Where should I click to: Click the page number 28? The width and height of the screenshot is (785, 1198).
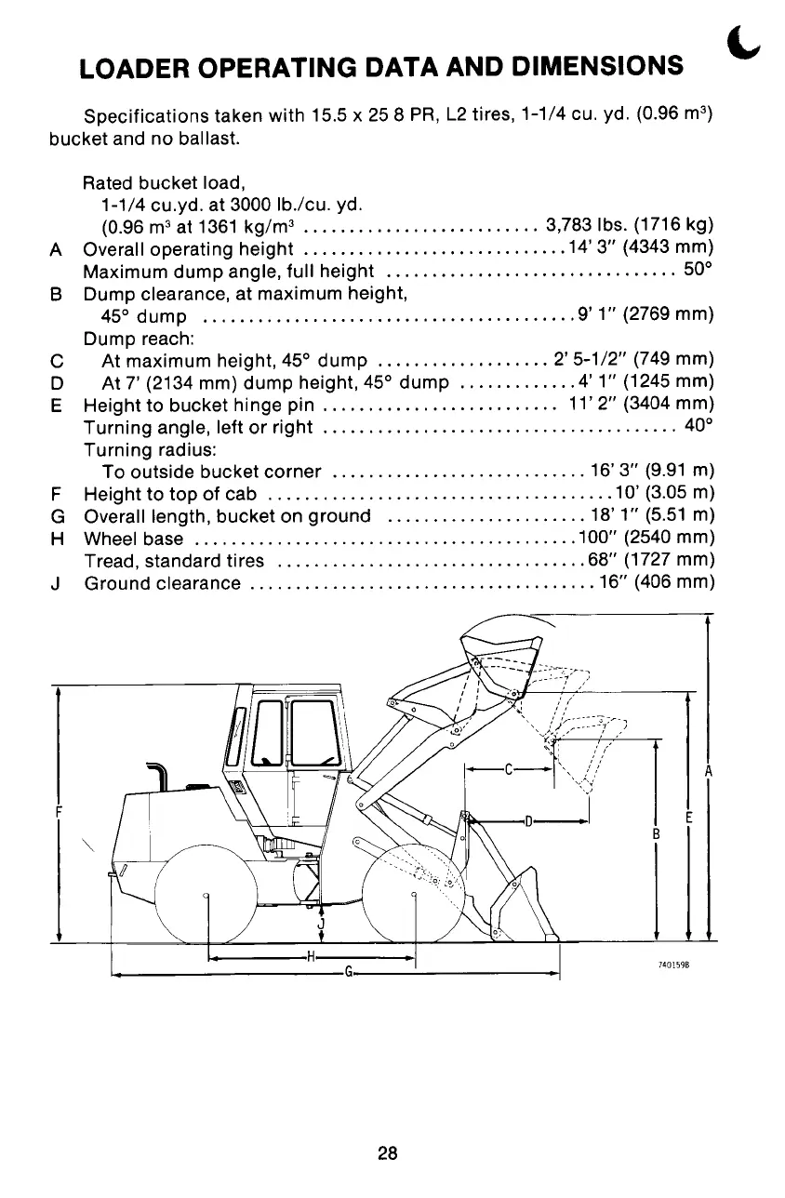388,1153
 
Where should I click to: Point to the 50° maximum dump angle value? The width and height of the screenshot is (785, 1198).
699,273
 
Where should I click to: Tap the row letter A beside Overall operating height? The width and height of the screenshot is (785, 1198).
58,249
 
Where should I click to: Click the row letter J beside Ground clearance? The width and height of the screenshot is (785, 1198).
58,584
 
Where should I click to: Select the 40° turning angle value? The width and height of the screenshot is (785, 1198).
699,428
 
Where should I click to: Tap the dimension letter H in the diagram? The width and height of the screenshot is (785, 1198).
311,957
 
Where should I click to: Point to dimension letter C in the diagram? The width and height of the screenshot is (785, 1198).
509,770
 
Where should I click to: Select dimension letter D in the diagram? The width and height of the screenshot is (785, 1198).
527,821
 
